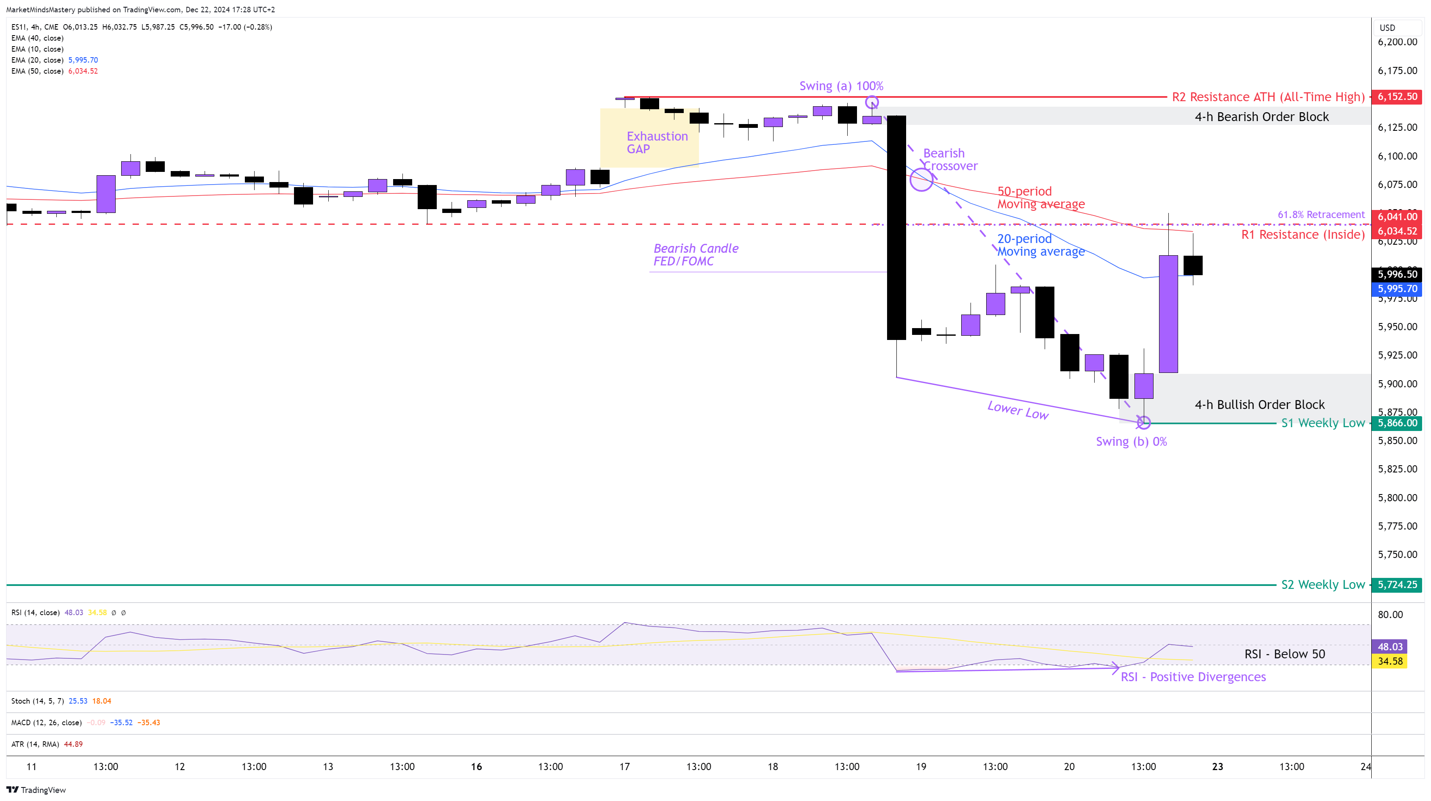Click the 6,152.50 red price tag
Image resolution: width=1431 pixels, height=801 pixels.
point(1397,97)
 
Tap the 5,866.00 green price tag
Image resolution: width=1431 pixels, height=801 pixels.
point(1397,423)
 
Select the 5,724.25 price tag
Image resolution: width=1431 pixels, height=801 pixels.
point(1397,585)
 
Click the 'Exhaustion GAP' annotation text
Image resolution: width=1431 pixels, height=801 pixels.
point(657,143)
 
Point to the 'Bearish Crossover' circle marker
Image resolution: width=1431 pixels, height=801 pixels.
point(921,180)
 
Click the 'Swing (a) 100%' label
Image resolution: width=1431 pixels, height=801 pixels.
point(841,86)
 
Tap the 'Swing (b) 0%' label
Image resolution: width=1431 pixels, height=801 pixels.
point(1131,442)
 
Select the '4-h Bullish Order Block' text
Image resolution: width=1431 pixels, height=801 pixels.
point(1259,405)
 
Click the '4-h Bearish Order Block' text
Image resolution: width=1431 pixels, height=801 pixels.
point(1262,116)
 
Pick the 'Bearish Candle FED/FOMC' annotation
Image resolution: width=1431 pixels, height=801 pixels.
point(696,255)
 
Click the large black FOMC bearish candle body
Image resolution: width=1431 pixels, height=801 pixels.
point(896,228)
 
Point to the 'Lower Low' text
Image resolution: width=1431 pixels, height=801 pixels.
point(1018,410)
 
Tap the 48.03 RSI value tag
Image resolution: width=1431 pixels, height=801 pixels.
point(1390,646)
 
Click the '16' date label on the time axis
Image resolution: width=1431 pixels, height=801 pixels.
point(476,767)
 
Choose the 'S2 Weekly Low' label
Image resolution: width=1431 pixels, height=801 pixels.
point(1323,585)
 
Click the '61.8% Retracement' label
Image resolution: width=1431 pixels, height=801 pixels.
point(1320,215)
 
